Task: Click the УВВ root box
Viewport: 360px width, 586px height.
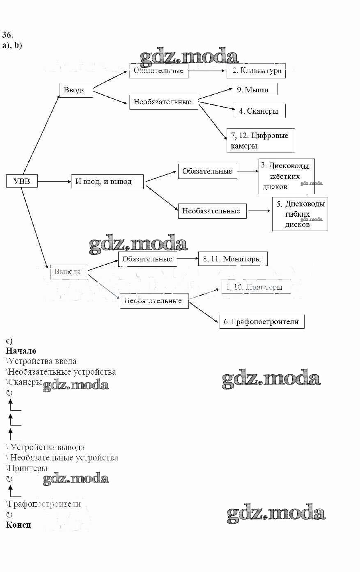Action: [x=22, y=181]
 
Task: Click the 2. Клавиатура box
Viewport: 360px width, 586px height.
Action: [x=256, y=71]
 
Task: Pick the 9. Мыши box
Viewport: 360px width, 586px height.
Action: [x=255, y=89]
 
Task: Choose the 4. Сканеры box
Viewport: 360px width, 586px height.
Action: [x=260, y=111]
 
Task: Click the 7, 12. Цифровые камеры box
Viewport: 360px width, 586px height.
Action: [x=260, y=140]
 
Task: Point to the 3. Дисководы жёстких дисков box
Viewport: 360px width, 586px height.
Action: [x=287, y=176]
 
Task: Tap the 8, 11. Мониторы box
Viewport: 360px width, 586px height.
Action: [x=232, y=259]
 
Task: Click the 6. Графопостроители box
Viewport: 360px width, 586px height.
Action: [x=261, y=322]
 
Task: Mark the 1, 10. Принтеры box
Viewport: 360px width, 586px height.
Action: [x=256, y=287]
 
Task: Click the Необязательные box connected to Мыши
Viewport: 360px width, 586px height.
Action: [x=163, y=102]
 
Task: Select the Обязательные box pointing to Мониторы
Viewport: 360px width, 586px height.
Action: [x=147, y=259]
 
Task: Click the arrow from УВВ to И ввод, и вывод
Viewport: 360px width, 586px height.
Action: [x=54, y=181]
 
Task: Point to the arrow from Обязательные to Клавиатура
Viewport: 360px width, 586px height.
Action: [x=207, y=71]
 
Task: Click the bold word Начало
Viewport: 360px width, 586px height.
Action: [x=21, y=351]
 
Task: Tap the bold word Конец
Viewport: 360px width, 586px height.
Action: [x=18, y=524]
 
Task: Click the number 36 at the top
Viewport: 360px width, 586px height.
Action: [x=8, y=34]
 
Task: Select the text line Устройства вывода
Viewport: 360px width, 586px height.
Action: [x=46, y=447]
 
